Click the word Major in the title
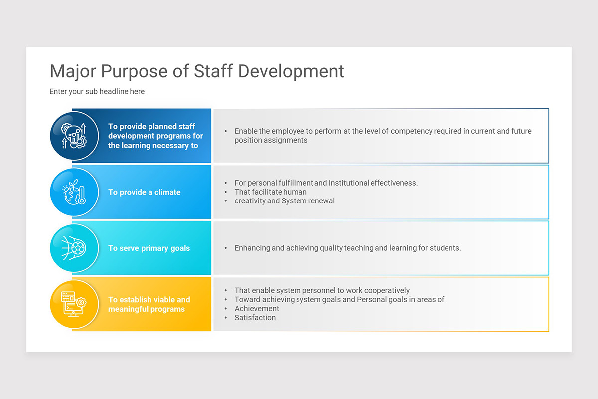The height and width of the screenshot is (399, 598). [x=73, y=71]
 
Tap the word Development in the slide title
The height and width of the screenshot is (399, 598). [x=291, y=71]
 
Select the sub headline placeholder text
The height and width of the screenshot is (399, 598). [x=97, y=92]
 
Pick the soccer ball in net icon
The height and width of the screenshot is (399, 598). [x=74, y=248]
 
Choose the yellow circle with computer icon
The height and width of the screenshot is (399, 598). [x=74, y=304]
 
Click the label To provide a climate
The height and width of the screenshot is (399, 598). [x=144, y=192]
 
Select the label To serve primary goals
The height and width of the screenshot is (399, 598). [x=149, y=248]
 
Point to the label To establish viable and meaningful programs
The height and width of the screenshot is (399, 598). [x=149, y=304]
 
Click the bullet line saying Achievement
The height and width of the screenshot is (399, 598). [x=257, y=309]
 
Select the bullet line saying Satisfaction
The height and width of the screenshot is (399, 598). [x=255, y=318]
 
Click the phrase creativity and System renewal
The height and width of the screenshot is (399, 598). [x=285, y=201]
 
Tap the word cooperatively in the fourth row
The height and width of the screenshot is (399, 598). [x=387, y=290]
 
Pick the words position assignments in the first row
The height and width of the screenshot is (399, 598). [x=271, y=140]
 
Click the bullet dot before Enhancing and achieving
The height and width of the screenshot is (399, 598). [x=226, y=248]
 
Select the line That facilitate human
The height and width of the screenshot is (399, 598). [x=271, y=192]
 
